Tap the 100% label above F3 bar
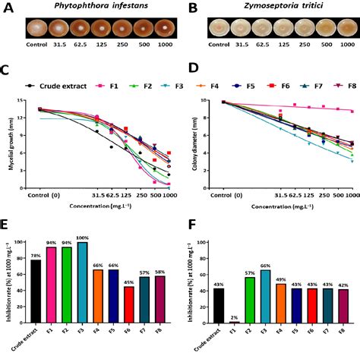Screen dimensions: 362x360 click(x=83, y=238)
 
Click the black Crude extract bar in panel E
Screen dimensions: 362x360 click(x=35, y=298)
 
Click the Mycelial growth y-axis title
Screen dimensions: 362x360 click(x=11, y=140)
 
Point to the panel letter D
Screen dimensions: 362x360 click(x=192, y=74)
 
